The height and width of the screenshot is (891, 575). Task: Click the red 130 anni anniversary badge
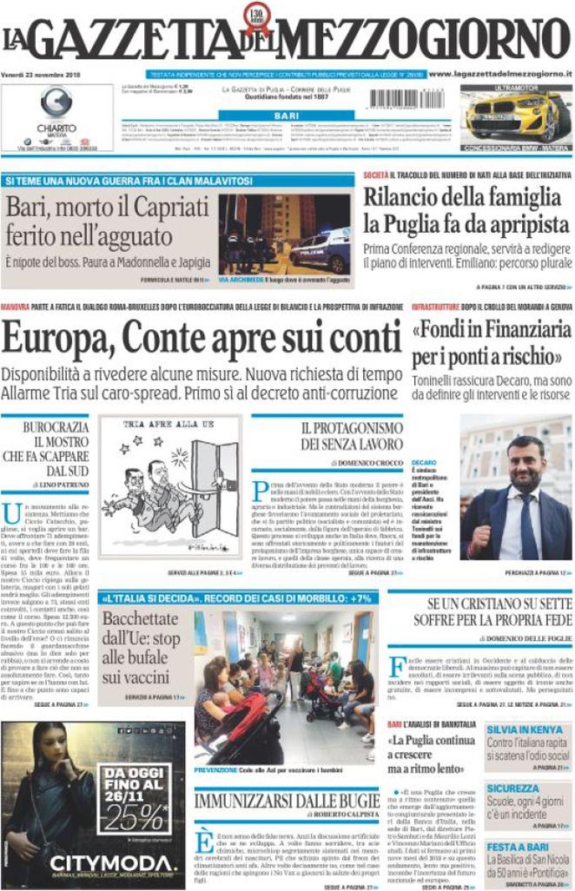click(260, 14)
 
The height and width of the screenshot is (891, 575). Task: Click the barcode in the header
click(406, 99)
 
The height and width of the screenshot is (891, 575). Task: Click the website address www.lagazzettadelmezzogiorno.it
click(499, 75)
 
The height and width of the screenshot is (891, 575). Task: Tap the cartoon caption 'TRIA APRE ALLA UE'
click(155, 426)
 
